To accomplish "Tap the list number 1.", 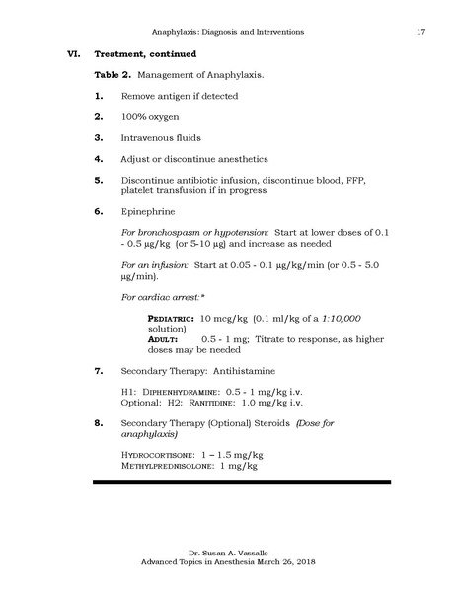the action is pyautogui.click(x=99, y=95).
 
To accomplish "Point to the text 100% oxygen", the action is pyautogui.click(x=150, y=116).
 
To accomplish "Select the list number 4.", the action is pyautogui.click(x=99, y=159).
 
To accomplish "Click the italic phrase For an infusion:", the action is pyautogui.click(x=150, y=265).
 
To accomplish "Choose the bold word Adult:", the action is pyautogui.click(x=162, y=338).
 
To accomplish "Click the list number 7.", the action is pyautogui.click(x=99, y=371).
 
